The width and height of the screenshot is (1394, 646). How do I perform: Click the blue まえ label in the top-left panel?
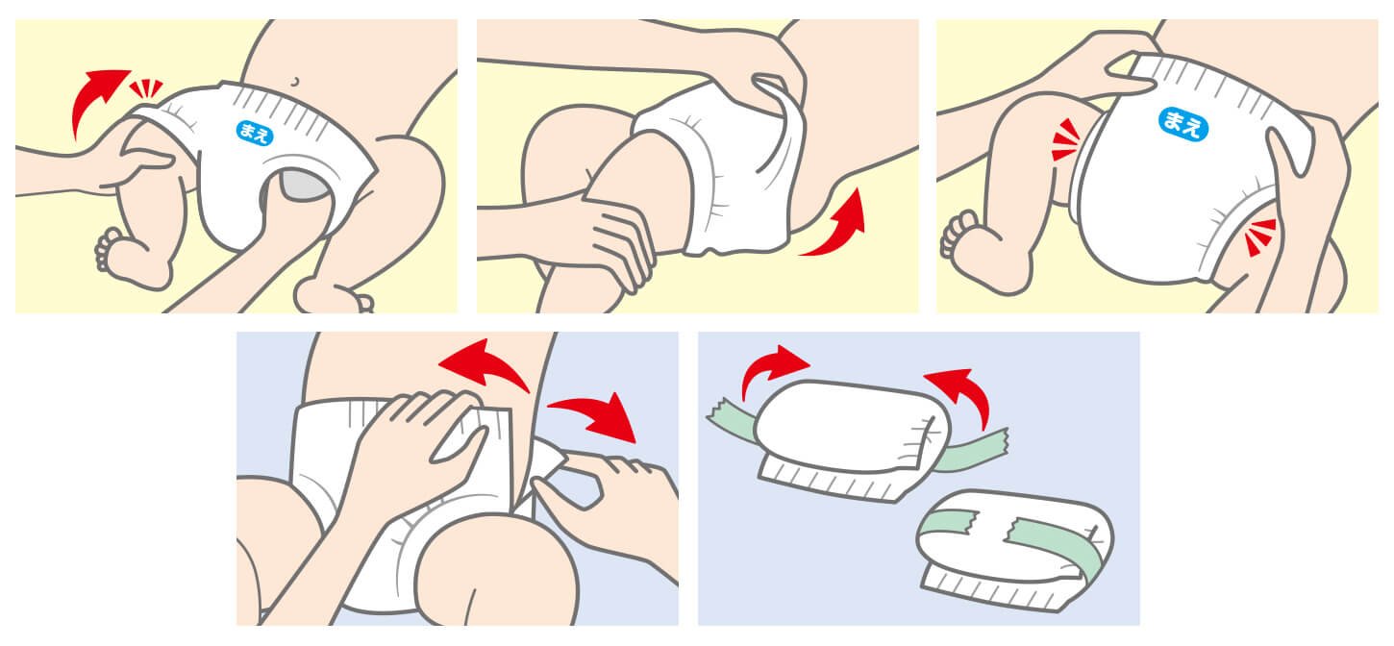(x=255, y=133)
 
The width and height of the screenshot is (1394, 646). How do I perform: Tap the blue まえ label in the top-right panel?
(x=1182, y=124)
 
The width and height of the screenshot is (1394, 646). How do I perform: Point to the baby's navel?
(x=295, y=82)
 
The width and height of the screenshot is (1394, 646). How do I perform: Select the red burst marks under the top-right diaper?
(x=1259, y=236)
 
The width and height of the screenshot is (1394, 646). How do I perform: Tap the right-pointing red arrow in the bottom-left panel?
(x=597, y=414)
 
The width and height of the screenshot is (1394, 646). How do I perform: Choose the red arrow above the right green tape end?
(x=961, y=392)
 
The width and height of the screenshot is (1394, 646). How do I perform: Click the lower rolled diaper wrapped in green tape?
(x=1014, y=548)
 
